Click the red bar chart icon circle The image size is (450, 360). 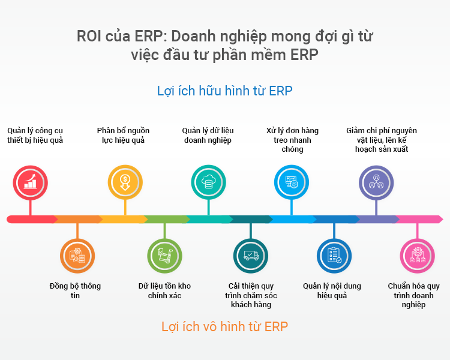coord(31,182)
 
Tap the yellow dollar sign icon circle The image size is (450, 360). coord(125,182)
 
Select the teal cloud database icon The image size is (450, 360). coord(209,182)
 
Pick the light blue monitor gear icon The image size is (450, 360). coord(292,182)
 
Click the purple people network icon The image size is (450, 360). coord(376,182)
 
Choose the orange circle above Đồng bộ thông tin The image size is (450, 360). coord(77,256)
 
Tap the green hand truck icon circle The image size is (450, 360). coord(165,256)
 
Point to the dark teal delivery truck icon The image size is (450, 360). coord(251,256)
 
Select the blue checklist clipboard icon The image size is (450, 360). coord(334,256)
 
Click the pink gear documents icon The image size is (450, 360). coord(418,256)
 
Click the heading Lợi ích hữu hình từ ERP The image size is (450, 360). coord(225,91)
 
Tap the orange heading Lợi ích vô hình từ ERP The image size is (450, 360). coord(225,326)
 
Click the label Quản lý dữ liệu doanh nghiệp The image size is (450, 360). coord(208,135)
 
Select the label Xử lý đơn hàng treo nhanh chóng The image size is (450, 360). coord(292,140)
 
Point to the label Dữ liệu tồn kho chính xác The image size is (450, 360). coord(165,290)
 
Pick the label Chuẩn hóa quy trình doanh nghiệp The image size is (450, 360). coord(413,295)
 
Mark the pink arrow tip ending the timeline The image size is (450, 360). coord(443,220)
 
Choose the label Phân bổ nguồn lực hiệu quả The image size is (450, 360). coord(123,135)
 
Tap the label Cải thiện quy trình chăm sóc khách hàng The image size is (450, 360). coord(251,295)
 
